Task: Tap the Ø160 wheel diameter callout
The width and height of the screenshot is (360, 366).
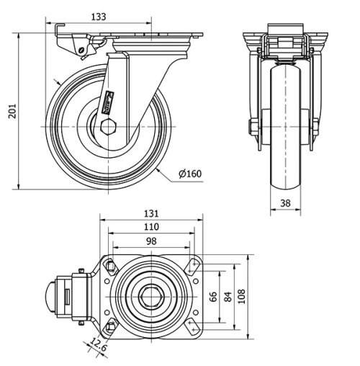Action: point(189,174)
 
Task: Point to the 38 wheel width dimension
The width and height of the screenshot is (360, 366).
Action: point(286,204)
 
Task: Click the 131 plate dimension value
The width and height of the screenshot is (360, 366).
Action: point(151,213)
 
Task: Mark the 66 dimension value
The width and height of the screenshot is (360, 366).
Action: point(213,296)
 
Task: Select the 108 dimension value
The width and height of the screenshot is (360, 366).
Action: point(243,296)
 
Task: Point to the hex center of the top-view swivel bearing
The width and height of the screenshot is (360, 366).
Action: point(150,296)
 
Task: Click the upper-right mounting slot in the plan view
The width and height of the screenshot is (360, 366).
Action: point(192,265)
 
